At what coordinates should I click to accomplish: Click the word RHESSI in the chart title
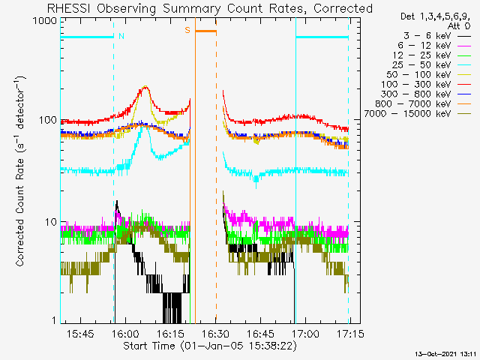click(68, 8)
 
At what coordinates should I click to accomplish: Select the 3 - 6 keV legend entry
click(437, 36)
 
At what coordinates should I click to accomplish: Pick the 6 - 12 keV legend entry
click(434, 46)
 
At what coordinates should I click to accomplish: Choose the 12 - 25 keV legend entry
click(432, 55)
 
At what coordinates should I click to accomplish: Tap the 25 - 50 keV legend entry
click(432, 65)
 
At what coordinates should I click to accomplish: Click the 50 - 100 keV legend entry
click(428, 75)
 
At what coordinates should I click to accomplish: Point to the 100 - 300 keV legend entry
click(426, 85)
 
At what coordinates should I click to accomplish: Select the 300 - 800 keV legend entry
click(426, 94)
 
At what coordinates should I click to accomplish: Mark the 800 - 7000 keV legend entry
click(423, 104)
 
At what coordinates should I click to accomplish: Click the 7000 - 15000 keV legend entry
click(418, 114)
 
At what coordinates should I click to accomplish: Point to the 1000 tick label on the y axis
click(45, 21)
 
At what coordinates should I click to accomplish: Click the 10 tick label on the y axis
click(51, 222)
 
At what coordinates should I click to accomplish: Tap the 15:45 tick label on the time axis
click(80, 334)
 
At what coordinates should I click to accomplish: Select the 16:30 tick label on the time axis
click(215, 334)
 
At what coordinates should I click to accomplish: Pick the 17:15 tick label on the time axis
click(350, 334)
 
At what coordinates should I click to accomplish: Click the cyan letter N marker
click(121, 36)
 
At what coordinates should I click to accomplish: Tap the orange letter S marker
click(187, 30)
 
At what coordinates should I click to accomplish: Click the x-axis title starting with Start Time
click(210, 346)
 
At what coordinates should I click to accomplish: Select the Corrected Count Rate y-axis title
click(20, 172)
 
